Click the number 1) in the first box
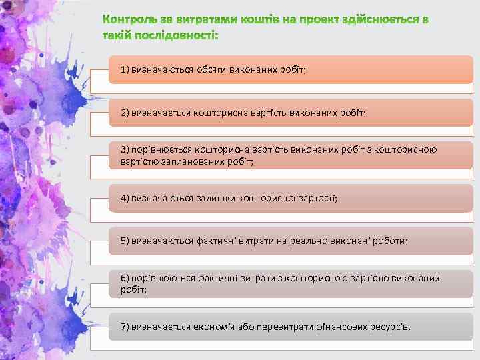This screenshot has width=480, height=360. (x=125, y=70)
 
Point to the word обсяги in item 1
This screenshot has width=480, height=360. (x=209, y=70)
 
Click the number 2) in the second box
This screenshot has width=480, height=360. (x=125, y=113)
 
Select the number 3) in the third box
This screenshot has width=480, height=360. (x=125, y=149)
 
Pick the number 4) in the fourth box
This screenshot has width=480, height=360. (x=125, y=198)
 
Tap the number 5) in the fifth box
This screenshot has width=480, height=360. (x=125, y=241)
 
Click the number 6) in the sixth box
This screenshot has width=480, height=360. (x=125, y=277)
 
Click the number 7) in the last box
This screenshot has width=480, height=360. (x=125, y=327)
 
